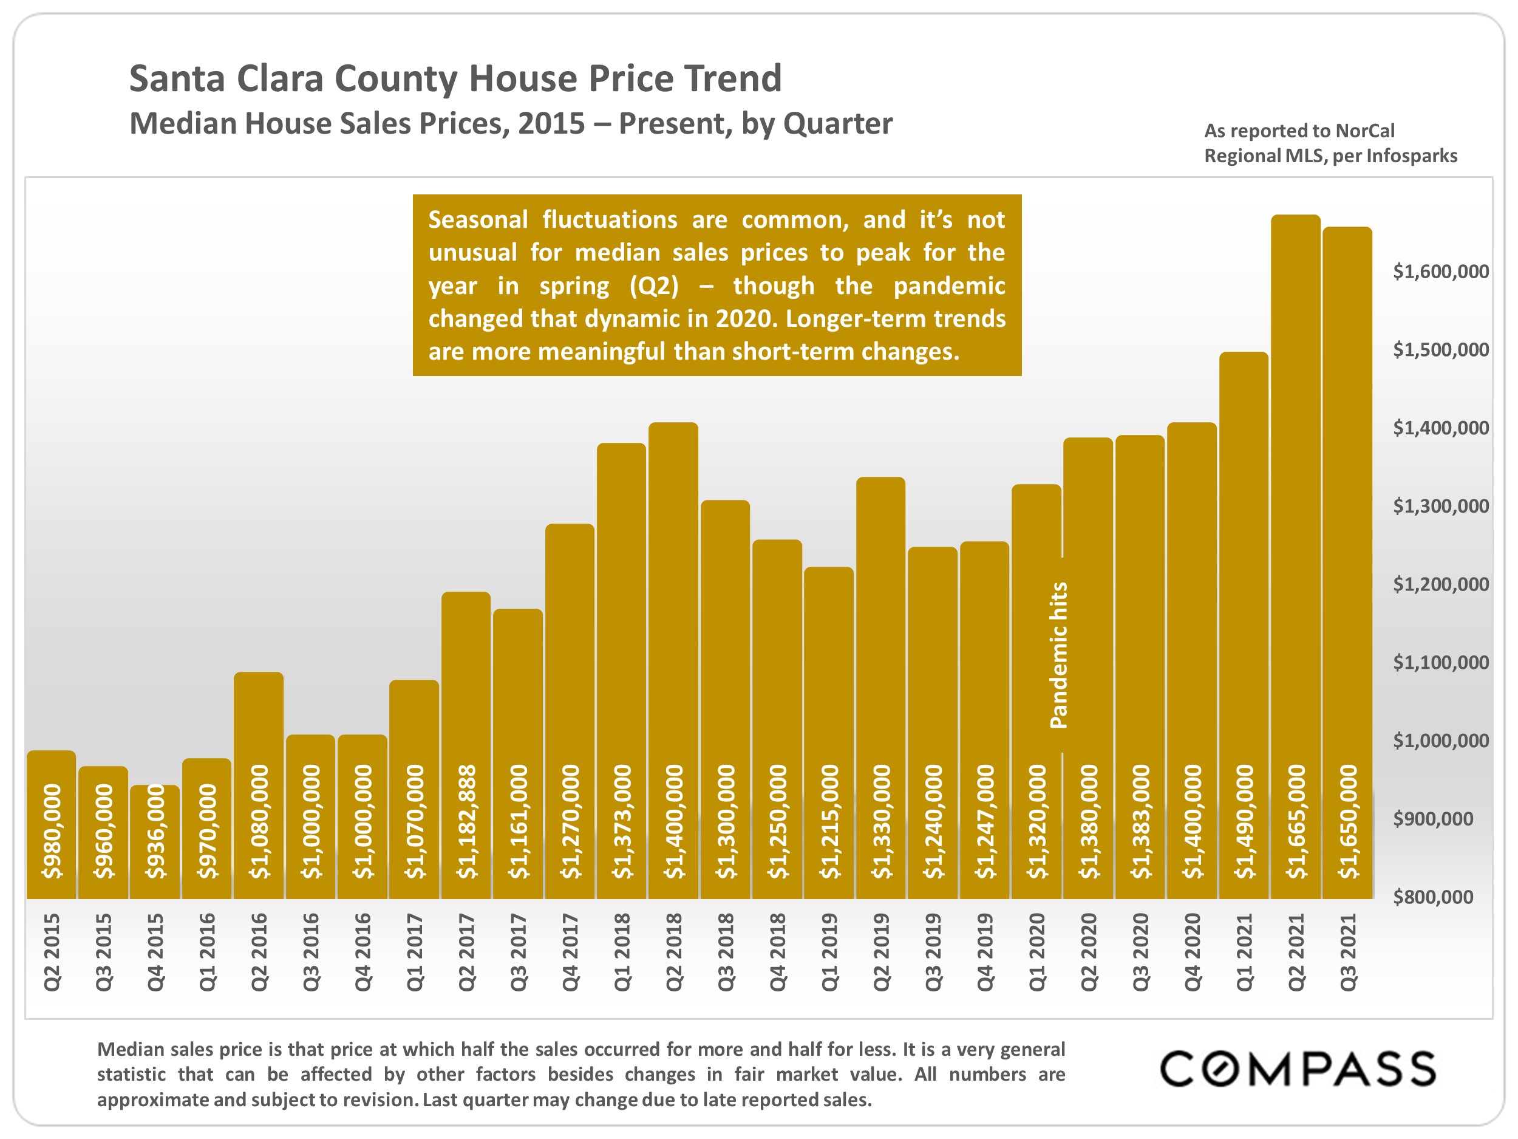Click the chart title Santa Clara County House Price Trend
(x=455, y=78)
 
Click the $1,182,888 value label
(x=467, y=821)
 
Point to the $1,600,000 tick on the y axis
(x=1440, y=271)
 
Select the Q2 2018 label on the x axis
(x=674, y=951)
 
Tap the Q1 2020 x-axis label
(x=1037, y=951)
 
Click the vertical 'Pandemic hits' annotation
(x=1059, y=654)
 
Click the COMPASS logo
(x=1297, y=1069)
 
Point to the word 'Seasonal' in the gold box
(x=478, y=220)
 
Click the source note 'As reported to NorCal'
(x=1299, y=131)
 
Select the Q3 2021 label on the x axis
(x=1349, y=951)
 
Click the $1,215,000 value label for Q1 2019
(x=829, y=821)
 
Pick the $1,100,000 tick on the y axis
(x=1440, y=662)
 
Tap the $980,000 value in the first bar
(x=52, y=831)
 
